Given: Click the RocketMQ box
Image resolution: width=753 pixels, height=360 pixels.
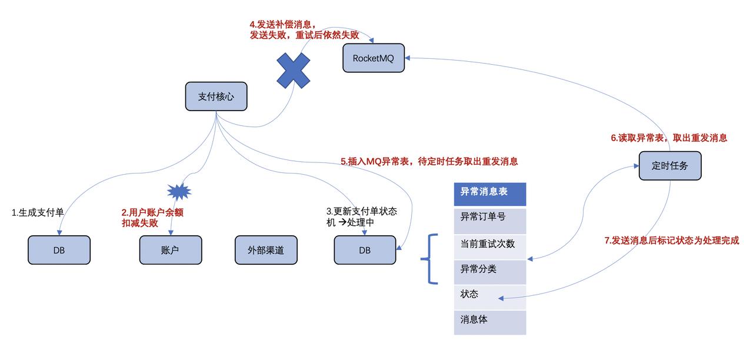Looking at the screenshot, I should (374, 58).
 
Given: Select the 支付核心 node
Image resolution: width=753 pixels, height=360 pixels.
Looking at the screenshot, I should (216, 96).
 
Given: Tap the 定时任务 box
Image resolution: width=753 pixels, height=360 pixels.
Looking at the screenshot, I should (670, 165).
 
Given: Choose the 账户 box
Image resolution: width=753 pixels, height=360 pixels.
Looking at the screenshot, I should (170, 250).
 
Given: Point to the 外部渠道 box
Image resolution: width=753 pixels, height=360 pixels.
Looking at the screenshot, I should (266, 250).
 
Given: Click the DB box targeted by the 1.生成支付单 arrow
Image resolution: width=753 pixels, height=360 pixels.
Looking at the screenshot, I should (59, 250).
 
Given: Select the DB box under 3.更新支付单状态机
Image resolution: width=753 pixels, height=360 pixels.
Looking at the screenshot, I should (365, 250).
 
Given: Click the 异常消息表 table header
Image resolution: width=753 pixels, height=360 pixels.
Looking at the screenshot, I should (489, 194).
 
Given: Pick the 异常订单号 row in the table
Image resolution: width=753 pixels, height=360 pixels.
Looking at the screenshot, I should (489, 218).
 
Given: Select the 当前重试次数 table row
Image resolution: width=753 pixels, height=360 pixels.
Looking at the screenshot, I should (489, 244).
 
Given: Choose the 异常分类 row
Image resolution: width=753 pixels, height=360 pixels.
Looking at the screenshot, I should (489, 270).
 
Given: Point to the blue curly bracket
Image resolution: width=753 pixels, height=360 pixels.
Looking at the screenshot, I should (431, 259).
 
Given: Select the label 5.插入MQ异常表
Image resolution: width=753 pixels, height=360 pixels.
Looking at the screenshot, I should (429, 161).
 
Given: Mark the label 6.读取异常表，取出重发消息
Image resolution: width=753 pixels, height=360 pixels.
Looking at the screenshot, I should (668, 138).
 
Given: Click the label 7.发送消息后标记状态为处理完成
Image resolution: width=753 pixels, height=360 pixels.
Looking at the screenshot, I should (671, 240).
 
